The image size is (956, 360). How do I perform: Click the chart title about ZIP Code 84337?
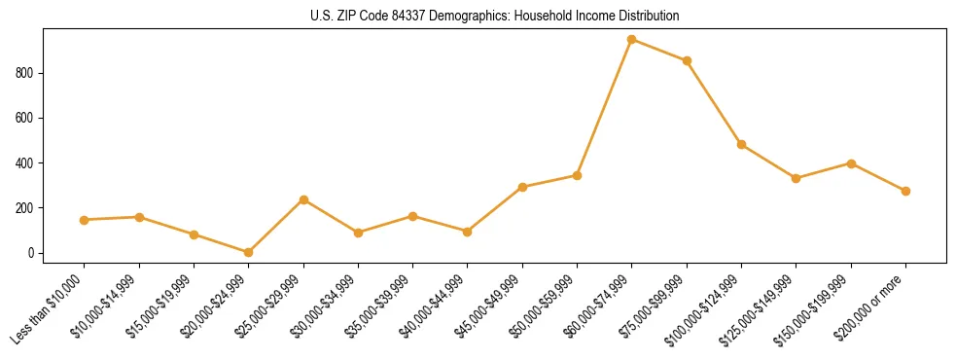click(x=495, y=17)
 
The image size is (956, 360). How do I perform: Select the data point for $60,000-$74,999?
click(x=632, y=40)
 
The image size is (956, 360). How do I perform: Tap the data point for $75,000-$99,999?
click(x=687, y=60)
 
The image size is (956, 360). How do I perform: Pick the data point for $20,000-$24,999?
click(x=249, y=252)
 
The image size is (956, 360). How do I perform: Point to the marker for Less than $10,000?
click(x=85, y=220)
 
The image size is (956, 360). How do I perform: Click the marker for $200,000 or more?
click(x=905, y=191)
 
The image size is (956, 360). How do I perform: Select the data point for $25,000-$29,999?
click(x=303, y=199)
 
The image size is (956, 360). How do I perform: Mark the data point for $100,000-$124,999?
click(x=741, y=144)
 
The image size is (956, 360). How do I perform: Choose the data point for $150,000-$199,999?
click(x=851, y=163)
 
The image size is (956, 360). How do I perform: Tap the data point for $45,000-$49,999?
click(x=522, y=187)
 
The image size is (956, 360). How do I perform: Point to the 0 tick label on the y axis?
click(x=31, y=253)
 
